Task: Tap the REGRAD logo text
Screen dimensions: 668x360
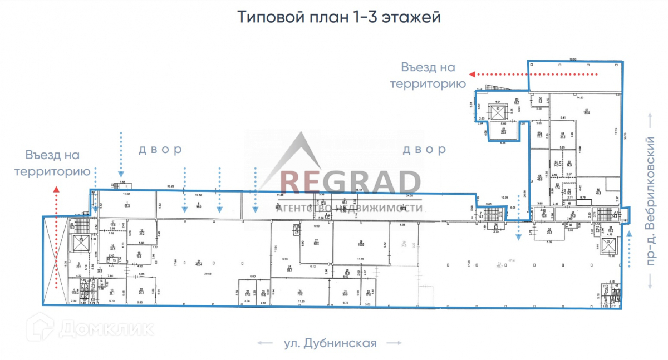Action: tap(350, 181)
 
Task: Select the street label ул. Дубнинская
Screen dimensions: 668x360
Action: tap(330, 343)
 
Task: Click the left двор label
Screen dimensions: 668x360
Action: tap(160, 150)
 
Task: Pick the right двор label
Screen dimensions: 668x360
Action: tap(424, 150)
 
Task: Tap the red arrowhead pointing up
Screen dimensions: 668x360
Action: tap(55, 193)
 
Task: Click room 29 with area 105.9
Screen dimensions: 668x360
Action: tap(361, 243)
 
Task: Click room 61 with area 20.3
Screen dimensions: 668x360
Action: tap(503, 131)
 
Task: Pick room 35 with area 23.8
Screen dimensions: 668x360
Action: tap(549, 232)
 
